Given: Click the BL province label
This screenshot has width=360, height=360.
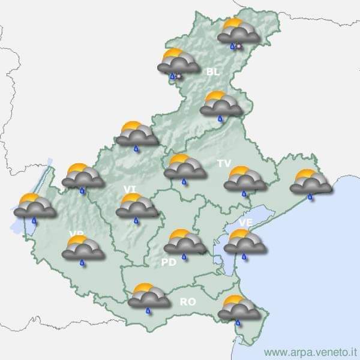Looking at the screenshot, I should pos(213,72).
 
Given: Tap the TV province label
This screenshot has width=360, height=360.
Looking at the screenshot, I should pos(224,163).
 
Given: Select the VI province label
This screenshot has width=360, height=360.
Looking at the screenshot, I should pos(130,189).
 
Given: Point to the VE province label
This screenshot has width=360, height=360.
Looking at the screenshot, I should pos(245,222).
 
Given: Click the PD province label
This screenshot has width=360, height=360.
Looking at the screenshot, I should pos(169,262).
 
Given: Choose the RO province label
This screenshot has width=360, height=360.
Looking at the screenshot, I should pos(188,302).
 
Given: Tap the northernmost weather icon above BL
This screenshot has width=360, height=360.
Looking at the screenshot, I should pos(238,33).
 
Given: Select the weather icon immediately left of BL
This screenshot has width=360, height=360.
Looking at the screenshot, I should pos(178,63).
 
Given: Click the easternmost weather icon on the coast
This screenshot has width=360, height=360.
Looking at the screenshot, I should pos(310,183).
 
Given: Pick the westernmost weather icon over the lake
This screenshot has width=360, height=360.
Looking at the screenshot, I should pos(35,207).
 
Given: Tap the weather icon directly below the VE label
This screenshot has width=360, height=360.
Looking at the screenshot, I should pos(244,243).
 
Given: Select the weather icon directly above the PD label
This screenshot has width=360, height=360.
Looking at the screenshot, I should pos(184,243).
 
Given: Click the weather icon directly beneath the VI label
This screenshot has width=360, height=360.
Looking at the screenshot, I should pos(136,207).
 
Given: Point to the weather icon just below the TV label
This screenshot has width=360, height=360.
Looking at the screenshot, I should pos(244,180).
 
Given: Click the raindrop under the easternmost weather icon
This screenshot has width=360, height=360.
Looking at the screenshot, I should pos(310,196).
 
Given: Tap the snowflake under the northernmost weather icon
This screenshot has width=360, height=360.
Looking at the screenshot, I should pos(239,46).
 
